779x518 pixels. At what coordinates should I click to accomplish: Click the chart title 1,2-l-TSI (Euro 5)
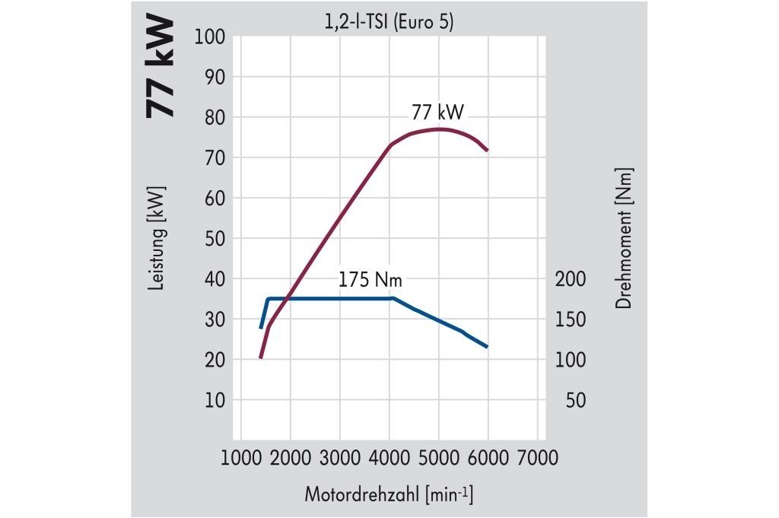388,23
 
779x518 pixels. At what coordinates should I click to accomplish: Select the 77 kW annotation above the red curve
437,112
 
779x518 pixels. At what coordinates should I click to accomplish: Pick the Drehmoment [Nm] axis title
625,238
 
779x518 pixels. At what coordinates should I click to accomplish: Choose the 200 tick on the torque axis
571,279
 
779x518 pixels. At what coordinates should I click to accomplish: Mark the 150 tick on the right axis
571,319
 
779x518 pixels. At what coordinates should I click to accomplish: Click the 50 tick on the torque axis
576,400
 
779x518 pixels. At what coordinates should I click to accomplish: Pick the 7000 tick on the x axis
537,457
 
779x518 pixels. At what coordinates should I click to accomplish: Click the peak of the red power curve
438,129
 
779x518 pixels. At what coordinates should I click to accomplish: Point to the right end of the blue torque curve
487,347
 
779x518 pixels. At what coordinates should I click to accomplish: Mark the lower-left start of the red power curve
260,358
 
